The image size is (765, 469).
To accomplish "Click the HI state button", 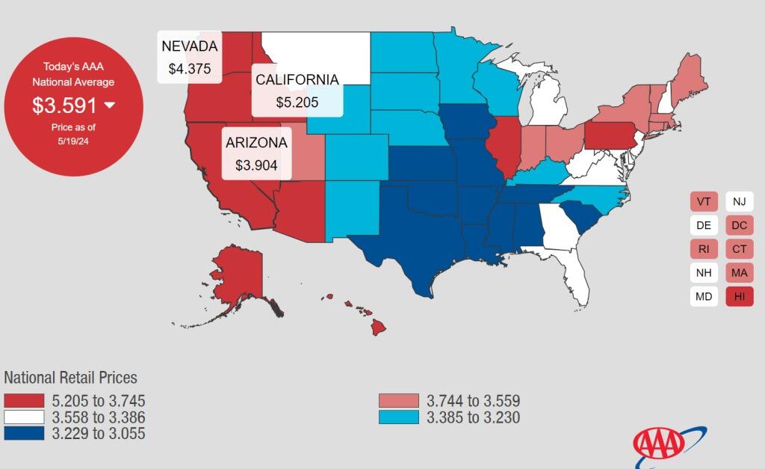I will [739, 296].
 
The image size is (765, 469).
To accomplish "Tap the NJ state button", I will [739, 202].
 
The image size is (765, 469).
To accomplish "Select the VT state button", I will [704, 202].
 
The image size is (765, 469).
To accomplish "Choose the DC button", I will [739, 225].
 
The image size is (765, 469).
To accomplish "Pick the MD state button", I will [704, 296].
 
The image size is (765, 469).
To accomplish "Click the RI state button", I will [704, 249].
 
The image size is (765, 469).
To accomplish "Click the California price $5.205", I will [297, 102].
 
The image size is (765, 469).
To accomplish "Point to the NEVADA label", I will [190, 46].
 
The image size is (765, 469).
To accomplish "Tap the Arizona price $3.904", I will [256, 165].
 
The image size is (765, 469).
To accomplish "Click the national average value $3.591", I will [64, 105].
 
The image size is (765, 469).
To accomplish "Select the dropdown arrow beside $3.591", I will [110, 105].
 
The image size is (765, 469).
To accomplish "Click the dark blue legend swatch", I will [24, 434].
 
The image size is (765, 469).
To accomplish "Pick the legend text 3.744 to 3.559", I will [473, 402].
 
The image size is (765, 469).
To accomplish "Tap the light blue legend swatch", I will [399, 417].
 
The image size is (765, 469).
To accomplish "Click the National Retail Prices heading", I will [71, 378].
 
